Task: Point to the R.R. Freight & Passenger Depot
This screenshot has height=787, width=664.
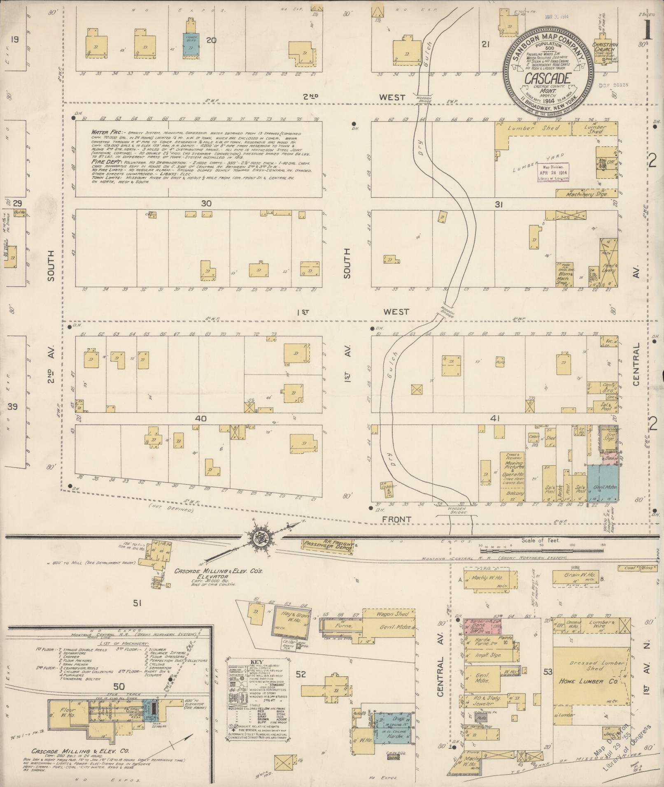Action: (328, 545)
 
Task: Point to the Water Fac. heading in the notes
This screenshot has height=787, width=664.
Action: (104, 133)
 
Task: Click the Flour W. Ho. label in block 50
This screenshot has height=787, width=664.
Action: (66, 710)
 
